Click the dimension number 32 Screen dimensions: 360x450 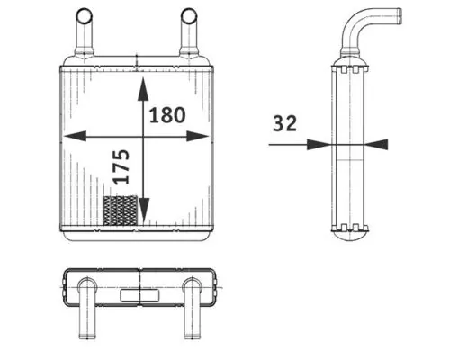[285, 123]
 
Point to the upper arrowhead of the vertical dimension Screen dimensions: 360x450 [143, 86]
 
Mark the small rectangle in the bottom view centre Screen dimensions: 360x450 [139, 292]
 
